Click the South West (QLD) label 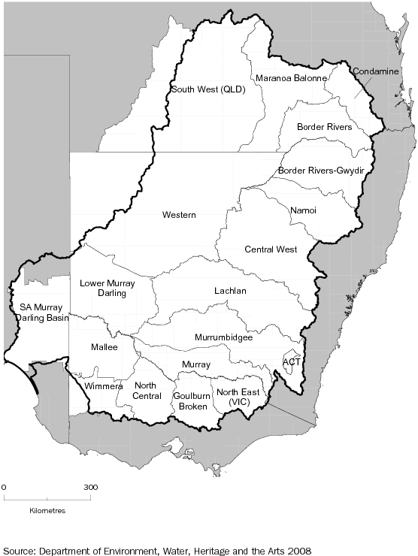coord(208,89)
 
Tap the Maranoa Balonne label coord(291,78)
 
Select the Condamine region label coord(376,71)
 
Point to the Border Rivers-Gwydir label coord(321,171)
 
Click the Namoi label coord(303,210)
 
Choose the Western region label coord(179,216)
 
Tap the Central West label coord(271,249)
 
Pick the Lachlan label coord(230,291)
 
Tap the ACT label coord(291,361)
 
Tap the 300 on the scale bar coord(90,487)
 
